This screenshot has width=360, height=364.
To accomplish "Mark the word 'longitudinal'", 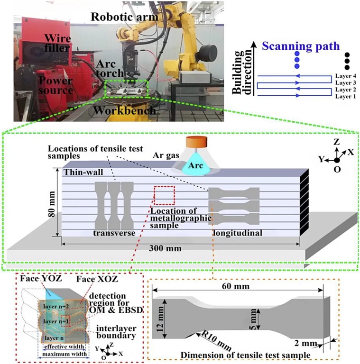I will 237,233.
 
